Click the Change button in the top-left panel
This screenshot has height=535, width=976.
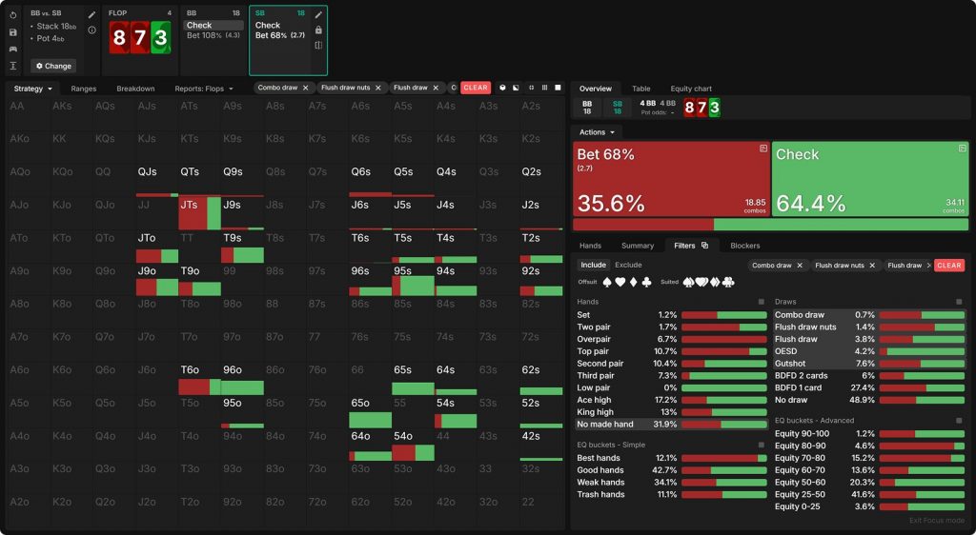click(53, 66)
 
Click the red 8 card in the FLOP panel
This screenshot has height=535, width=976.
click(118, 38)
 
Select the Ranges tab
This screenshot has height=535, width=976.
click(84, 89)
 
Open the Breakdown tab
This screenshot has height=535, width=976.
click(135, 89)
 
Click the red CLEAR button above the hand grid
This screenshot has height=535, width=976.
click(475, 88)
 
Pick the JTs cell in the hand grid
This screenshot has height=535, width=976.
click(190, 205)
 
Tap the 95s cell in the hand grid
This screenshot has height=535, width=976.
click(403, 271)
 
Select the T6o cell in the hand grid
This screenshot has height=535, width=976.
click(190, 370)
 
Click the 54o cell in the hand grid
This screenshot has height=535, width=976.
click(403, 436)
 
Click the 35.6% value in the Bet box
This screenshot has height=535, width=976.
click(610, 203)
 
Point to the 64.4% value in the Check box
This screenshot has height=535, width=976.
click(811, 203)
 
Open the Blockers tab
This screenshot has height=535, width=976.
click(745, 246)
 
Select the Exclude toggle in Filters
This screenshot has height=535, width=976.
click(628, 265)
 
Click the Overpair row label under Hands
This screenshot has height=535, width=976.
click(595, 339)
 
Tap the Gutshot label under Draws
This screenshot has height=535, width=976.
click(790, 364)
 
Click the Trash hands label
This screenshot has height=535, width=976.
click(600, 495)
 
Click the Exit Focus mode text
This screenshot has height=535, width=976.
click(936, 521)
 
